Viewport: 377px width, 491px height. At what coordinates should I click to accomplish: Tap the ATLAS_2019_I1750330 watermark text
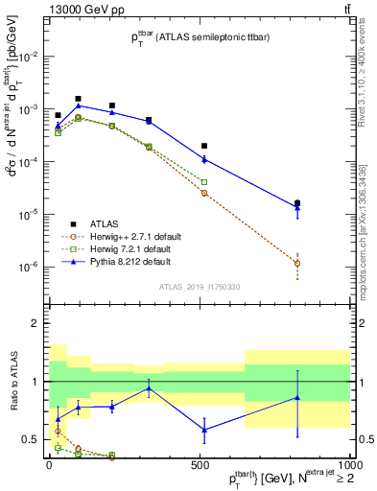pyautogui.click(x=199, y=287)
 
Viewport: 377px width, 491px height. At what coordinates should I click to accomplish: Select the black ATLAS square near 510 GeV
pyautogui.click(x=204, y=146)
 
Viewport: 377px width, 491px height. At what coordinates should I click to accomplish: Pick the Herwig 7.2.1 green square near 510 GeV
pyautogui.click(x=204, y=182)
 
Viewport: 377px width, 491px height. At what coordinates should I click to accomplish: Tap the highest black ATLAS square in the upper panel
pyautogui.click(x=78, y=98)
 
